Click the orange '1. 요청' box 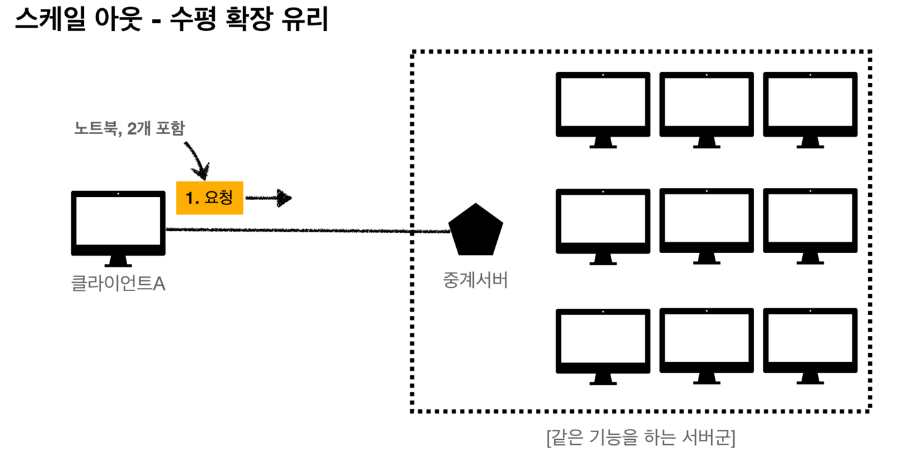[209, 197]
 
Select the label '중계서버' [475, 280]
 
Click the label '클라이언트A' [118, 284]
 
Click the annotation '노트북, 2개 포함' [129, 128]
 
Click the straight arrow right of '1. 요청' [268, 198]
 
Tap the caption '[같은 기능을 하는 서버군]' [640, 437]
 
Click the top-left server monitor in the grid [603, 104]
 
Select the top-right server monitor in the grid [810, 104]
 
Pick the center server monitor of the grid [707, 221]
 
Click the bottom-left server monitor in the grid [603, 342]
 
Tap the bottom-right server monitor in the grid [810, 342]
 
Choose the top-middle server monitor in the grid [707, 104]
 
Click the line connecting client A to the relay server [304, 230]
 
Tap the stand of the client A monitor [118, 261]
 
